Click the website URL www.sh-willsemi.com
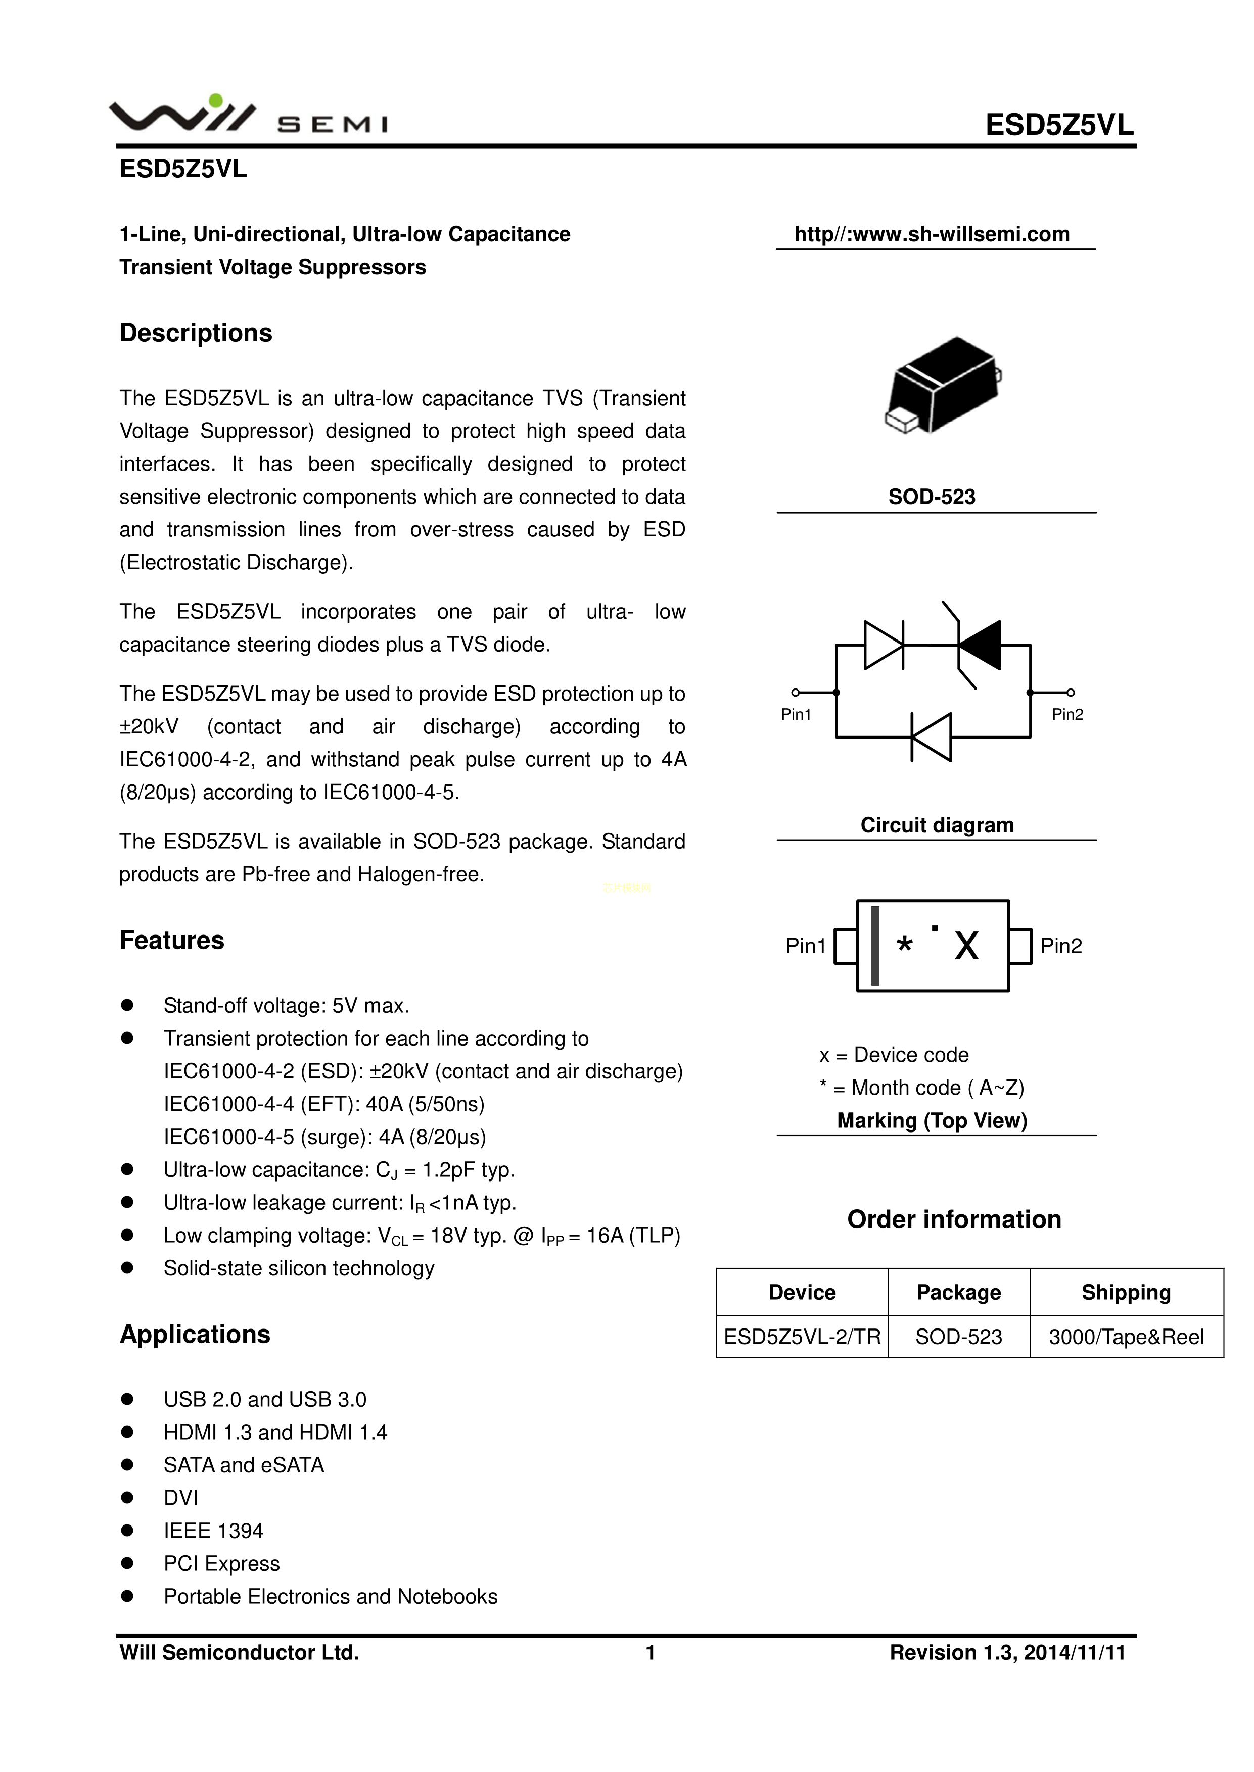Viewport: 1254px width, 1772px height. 932,234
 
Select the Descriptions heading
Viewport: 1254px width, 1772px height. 196,333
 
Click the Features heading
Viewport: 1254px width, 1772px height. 171,940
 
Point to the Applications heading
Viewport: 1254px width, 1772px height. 195,1335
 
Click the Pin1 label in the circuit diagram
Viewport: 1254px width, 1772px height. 796,715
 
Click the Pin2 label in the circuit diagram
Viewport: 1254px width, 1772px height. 1067,715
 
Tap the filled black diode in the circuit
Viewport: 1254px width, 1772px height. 979,645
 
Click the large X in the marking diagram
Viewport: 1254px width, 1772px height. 966,946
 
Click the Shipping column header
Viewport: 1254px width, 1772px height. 1126,1292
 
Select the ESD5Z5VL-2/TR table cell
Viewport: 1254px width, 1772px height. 802,1337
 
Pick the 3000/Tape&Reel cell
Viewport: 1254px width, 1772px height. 1126,1337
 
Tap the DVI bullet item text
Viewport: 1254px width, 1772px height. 180,1498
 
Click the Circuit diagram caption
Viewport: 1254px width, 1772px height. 937,825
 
